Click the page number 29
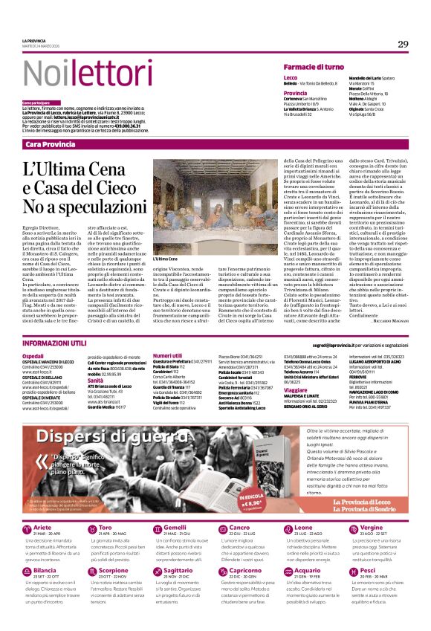[x=403, y=44]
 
